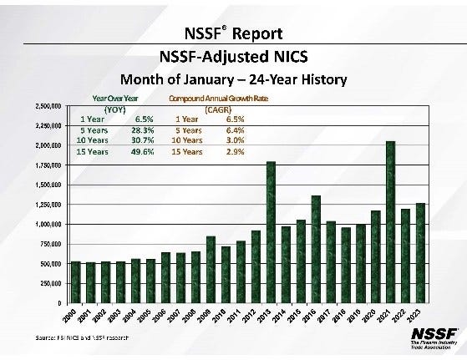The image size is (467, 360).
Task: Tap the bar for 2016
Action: (x=316, y=250)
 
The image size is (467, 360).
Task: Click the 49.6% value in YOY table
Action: (x=144, y=152)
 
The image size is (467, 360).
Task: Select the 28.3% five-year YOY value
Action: (x=144, y=130)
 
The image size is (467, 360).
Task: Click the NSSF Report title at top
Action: (x=233, y=34)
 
